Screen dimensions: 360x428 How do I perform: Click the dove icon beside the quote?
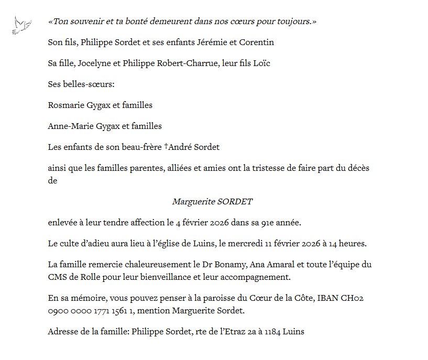[22, 26]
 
